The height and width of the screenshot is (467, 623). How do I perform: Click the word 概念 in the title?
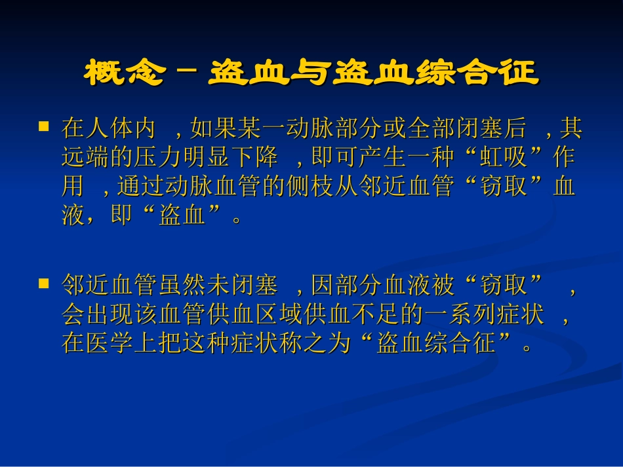tap(123, 73)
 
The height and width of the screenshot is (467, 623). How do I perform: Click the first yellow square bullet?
tap(44, 125)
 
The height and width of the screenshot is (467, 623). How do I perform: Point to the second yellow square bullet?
tap(44, 283)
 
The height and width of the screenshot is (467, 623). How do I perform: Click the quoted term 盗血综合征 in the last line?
tap(435, 344)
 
